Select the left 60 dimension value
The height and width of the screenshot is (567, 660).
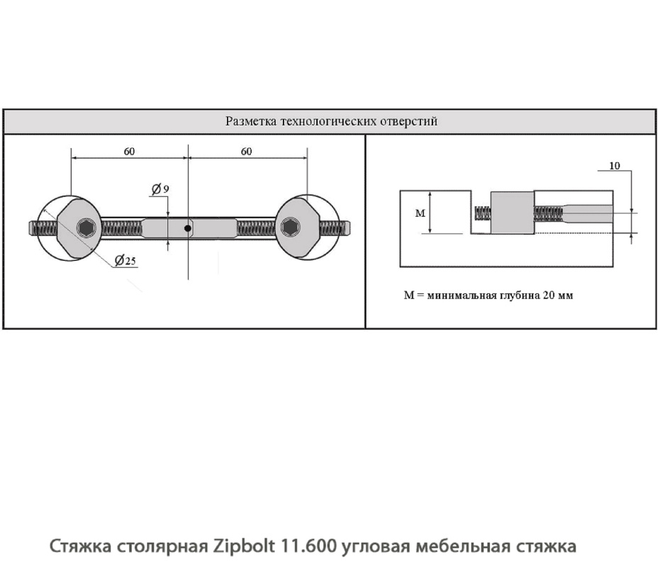pyautogui.click(x=130, y=151)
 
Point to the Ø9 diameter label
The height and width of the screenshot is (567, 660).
pyautogui.click(x=160, y=189)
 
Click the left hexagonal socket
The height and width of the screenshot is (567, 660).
pyautogui.click(x=87, y=228)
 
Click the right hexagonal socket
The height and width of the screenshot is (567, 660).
pyautogui.click(x=289, y=228)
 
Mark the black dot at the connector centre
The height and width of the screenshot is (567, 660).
pyautogui.click(x=187, y=228)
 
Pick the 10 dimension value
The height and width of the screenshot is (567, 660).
pyautogui.click(x=615, y=166)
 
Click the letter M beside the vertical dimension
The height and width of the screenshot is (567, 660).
pyautogui.click(x=418, y=211)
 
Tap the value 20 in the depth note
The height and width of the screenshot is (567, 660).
pyautogui.click(x=550, y=296)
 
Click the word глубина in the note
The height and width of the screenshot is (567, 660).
pyautogui.click(x=520, y=296)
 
